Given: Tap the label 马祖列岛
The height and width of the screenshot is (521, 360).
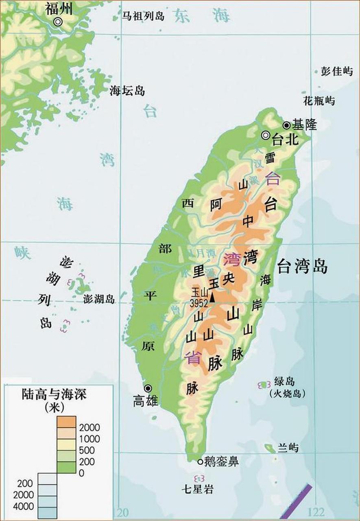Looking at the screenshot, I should click(143, 16).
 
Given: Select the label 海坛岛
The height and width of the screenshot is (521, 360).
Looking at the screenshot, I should click(127, 91).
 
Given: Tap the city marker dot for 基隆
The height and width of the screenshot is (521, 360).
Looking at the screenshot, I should click(287, 125).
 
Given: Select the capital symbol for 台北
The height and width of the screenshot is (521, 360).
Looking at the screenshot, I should click(266, 136).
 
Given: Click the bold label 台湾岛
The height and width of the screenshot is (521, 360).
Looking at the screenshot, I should click(302, 267).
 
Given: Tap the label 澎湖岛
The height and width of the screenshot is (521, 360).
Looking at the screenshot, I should click(99, 299).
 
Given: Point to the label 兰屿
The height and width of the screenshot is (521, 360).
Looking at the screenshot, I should click(288, 448).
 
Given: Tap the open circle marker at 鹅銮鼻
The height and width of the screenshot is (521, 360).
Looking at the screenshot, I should click(200, 462).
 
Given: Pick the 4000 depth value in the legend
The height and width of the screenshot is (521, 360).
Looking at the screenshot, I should click(27, 506).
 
